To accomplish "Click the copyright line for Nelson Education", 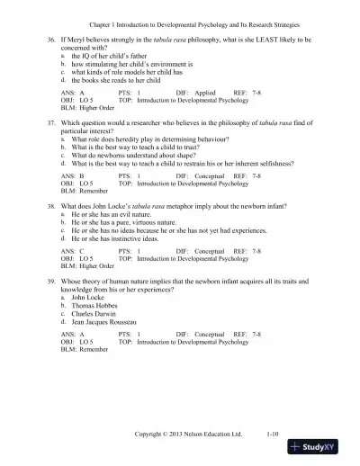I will tap(188, 432).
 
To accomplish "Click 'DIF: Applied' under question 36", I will tap(193, 101).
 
